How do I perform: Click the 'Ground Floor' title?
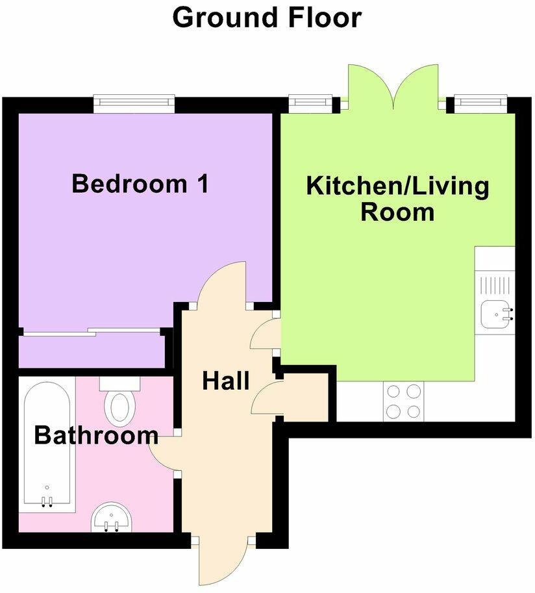[267, 18]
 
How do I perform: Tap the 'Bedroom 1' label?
[140, 184]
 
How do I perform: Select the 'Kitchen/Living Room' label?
[397, 199]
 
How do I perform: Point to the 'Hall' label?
[225, 381]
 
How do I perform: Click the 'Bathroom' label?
[95, 435]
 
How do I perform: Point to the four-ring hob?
[403, 401]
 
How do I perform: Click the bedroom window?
[134, 102]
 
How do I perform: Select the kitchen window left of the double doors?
[310, 101]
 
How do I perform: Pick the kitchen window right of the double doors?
[480, 101]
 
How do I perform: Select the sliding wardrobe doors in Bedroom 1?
[91, 332]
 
